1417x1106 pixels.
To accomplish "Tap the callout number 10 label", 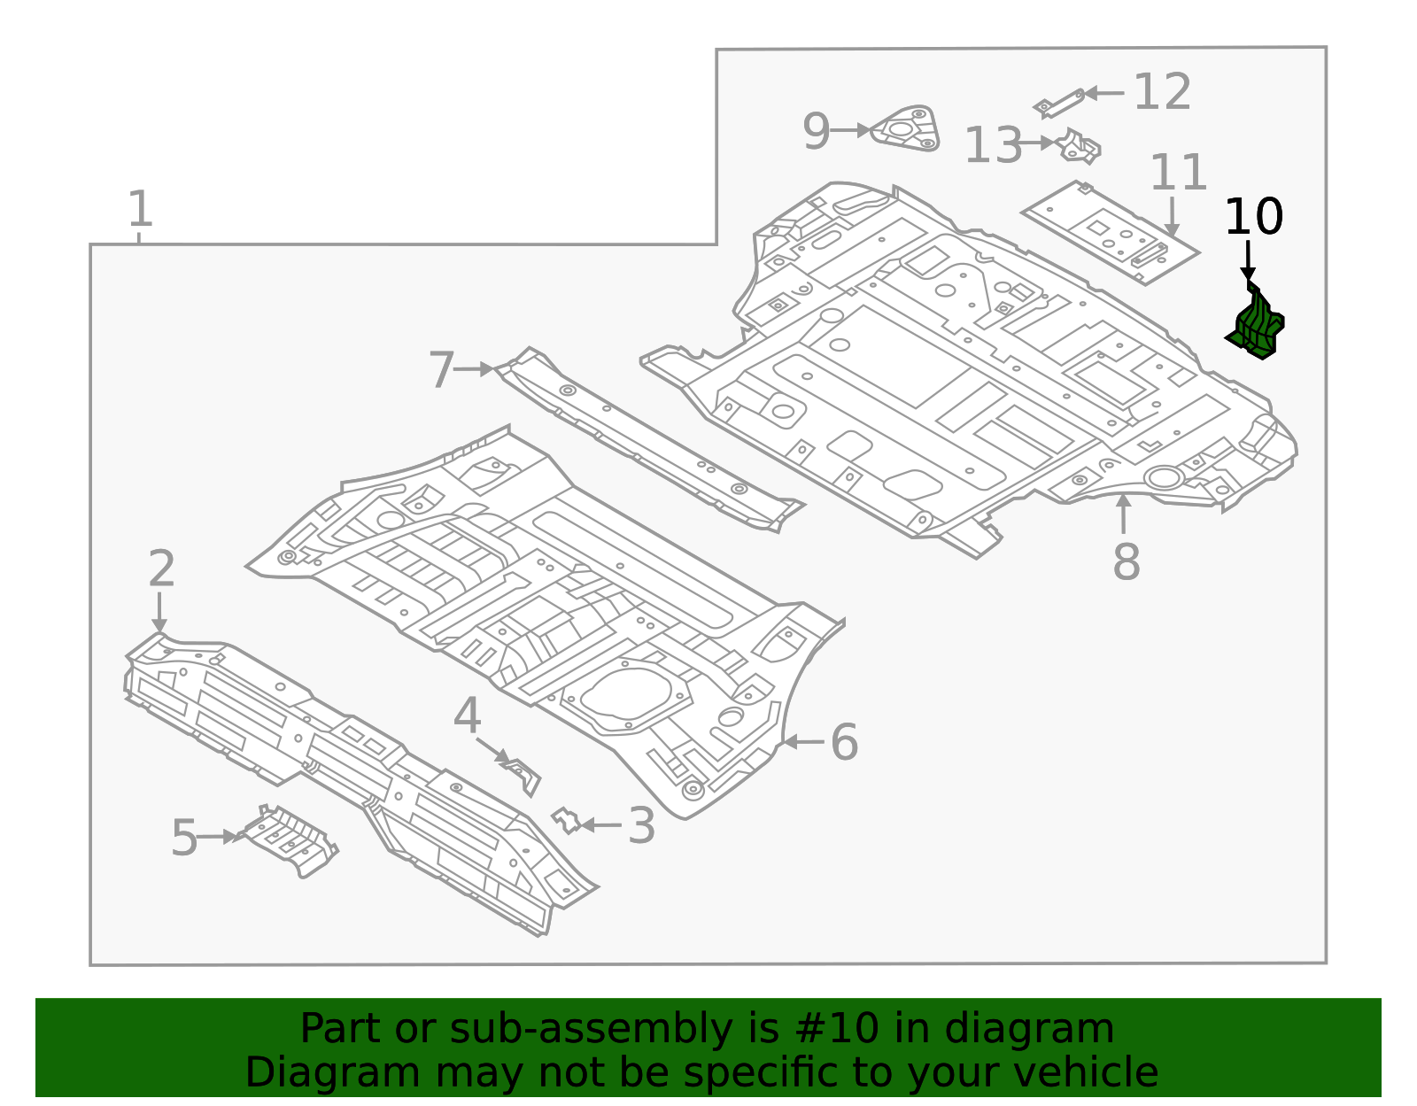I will pyautogui.click(x=1253, y=217).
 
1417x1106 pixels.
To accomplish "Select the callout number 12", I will pyautogui.click(x=1162, y=92).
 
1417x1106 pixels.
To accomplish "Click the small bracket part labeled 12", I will pyautogui.click(x=1060, y=104).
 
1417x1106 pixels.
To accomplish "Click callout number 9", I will pyautogui.click(x=817, y=131).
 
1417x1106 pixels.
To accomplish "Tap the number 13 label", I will pyautogui.click(x=993, y=146).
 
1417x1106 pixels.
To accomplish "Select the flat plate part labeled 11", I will pyautogui.click(x=1110, y=233).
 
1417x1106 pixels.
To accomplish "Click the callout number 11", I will pyautogui.click(x=1178, y=173).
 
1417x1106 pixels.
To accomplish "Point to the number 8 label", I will pyautogui.click(x=1126, y=561).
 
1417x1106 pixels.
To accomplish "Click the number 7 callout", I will pyautogui.click(x=441, y=369).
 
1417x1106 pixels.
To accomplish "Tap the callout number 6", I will pyautogui.click(x=844, y=742).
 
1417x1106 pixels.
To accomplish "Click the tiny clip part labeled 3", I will pyautogui.click(x=566, y=821).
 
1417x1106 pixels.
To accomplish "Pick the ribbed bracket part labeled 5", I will pyautogui.click(x=290, y=839).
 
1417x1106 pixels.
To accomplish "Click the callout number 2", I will pyautogui.click(x=160, y=568).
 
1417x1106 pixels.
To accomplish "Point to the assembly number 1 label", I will pyautogui.click(x=140, y=210).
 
